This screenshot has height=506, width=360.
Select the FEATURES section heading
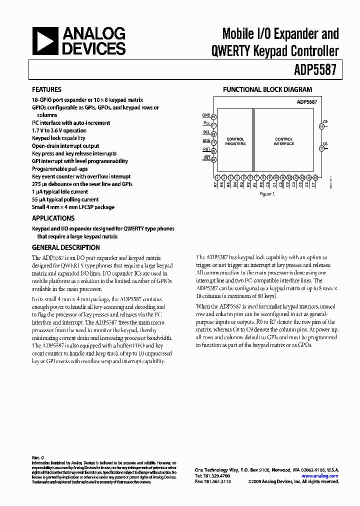coord(46,90)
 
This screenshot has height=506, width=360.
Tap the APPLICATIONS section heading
coord(53,218)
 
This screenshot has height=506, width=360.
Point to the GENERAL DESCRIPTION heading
coord(65,247)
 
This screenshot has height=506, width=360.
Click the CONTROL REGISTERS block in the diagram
coord(235,141)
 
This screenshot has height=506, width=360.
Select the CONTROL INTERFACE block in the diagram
coord(284,141)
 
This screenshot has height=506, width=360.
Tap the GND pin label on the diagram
coord(206,115)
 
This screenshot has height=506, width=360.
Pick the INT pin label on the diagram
coord(206,159)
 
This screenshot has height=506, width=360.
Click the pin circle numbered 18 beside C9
coord(321,127)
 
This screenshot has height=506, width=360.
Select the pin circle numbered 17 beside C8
coord(321,148)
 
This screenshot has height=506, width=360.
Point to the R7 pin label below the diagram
coord(215,185)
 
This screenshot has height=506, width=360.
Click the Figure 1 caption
coord(266,194)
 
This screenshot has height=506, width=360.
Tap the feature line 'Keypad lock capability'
coord(58,138)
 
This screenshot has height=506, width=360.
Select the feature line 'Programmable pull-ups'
coord(59,169)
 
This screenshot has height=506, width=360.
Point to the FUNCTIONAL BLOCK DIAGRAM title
coord(267,90)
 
